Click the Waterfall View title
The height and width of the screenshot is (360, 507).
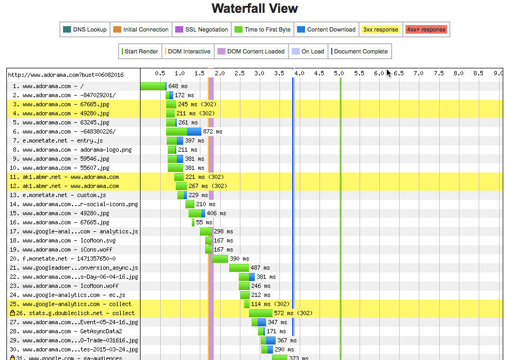click(254, 9)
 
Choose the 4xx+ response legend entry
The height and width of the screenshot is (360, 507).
click(426, 29)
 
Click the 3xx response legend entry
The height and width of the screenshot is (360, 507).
click(380, 29)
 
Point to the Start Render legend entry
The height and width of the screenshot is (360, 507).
click(141, 51)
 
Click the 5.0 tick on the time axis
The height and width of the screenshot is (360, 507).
click(339, 73)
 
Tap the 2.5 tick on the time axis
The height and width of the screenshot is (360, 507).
click(239, 73)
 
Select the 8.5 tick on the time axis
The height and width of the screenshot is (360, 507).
click(479, 73)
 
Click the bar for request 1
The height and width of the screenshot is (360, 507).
click(153, 86)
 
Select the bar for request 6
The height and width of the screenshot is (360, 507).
click(184, 131)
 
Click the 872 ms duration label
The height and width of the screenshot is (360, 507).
click(212, 131)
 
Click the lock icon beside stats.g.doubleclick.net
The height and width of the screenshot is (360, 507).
click(12, 313)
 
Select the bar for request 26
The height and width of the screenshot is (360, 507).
click(260, 313)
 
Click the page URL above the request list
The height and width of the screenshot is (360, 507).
click(65, 75)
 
